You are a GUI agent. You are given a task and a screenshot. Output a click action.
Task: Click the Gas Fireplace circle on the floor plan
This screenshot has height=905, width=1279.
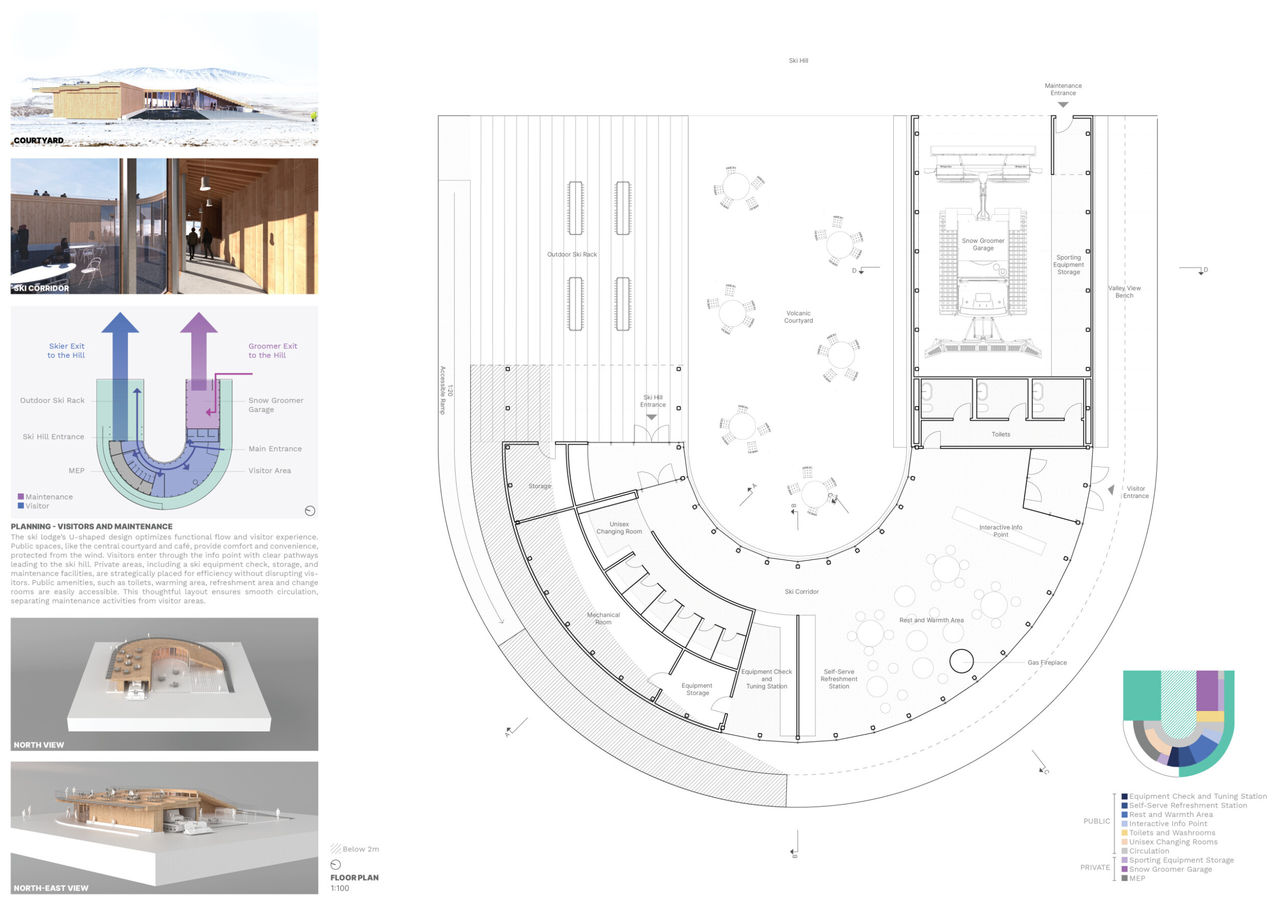click(961, 661)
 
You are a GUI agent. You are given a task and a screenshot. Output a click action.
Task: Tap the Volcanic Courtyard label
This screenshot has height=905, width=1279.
click(798, 317)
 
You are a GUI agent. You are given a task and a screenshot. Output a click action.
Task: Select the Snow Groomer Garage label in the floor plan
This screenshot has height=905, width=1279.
click(983, 245)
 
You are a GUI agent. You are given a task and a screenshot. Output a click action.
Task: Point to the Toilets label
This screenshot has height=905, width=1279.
click(1001, 435)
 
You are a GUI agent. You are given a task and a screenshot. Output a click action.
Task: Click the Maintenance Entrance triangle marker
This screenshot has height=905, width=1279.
click(1063, 105)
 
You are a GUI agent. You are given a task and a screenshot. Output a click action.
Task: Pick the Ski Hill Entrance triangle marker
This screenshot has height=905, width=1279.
click(651, 417)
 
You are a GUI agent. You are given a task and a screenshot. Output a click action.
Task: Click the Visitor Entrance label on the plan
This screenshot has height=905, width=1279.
click(1135, 492)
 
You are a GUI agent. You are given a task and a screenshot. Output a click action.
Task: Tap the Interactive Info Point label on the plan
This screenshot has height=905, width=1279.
click(1001, 531)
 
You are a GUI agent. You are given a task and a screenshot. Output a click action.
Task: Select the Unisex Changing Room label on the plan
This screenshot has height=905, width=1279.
click(619, 528)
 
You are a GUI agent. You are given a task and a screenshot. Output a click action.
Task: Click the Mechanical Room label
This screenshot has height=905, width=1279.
click(603, 618)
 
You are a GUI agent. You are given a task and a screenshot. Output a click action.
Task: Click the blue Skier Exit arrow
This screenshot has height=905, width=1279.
click(120, 378)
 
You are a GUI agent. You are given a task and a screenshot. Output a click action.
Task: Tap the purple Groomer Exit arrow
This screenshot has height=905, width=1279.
click(199, 351)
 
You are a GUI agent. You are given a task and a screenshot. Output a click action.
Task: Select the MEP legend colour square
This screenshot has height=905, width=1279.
click(1124, 879)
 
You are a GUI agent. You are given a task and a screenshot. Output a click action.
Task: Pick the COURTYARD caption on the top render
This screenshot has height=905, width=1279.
click(38, 140)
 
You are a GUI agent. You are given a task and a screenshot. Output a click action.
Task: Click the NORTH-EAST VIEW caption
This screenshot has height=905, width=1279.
click(51, 888)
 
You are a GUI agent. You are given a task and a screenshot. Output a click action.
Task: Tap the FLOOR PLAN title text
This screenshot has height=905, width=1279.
click(355, 878)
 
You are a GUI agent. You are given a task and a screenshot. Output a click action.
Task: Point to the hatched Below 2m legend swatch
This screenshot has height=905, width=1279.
click(335, 849)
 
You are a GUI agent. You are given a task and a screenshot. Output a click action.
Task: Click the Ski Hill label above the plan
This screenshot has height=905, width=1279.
click(798, 61)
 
